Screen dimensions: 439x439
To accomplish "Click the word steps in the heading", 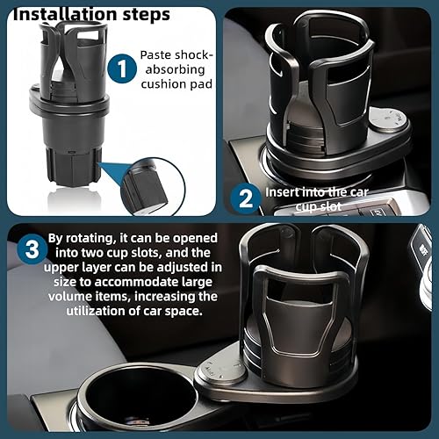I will pos(140,15).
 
